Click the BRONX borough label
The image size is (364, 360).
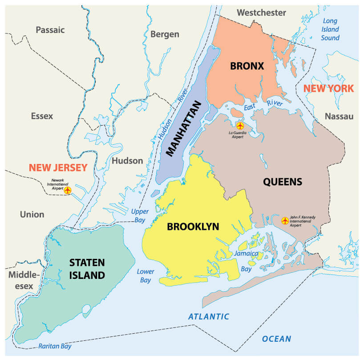click(x=247, y=66)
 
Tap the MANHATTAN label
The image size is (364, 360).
click(x=183, y=129)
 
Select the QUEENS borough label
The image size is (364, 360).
click(x=283, y=182)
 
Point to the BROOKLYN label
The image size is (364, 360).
click(x=193, y=227)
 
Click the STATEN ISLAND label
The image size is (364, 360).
click(x=87, y=269)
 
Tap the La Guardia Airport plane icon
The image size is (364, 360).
click(x=240, y=126)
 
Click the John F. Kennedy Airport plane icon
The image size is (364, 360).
click(x=285, y=220)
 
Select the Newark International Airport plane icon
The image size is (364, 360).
click(x=68, y=190)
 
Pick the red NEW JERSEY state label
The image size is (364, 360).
click(x=58, y=168)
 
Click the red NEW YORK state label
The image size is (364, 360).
click(x=328, y=88)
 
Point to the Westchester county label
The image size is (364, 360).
click(x=261, y=12)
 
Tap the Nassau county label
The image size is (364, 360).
click(x=339, y=116)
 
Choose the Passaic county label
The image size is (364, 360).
click(x=50, y=30)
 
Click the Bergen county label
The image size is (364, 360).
click(x=165, y=34)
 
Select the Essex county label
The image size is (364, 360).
click(x=42, y=116)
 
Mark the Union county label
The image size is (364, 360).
click(x=32, y=214)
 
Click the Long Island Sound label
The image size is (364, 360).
click(x=330, y=29)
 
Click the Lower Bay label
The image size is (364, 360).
click(x=146, y=276)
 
